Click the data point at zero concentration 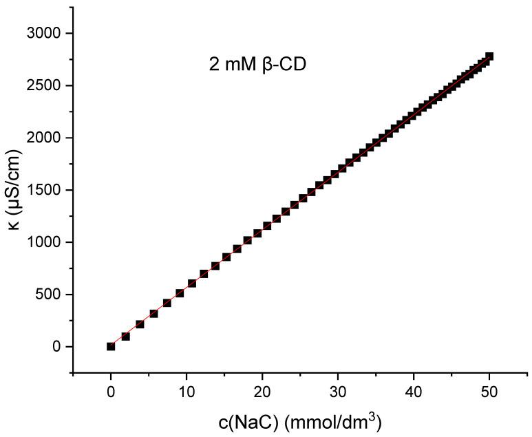[111, 346]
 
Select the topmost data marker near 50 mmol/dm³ [489, 56]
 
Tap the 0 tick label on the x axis [111, 392]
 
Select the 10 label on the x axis [187, 392]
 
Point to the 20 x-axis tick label [262, 392]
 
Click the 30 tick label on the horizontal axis [338, 392]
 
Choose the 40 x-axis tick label [414, 392]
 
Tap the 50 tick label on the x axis [489, 392]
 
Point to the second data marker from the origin [125, 337]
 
